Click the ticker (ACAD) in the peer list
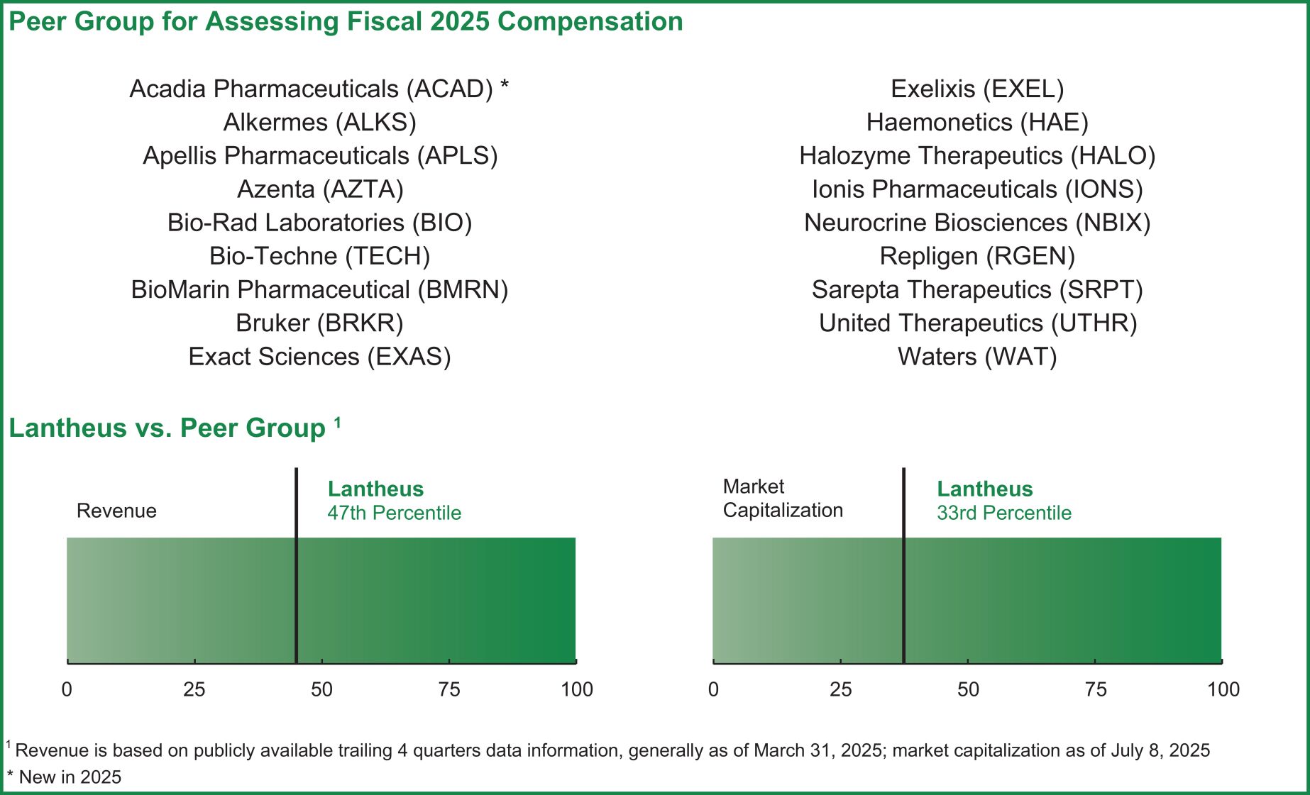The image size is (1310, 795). point(449,89)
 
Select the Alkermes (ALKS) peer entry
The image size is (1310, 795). point(319,123)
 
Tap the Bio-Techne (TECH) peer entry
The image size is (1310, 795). point(319,256)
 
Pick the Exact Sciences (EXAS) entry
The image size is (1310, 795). point(319,357)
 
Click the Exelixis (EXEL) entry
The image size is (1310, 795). point(977,89)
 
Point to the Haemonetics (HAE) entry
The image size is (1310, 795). point(977,123)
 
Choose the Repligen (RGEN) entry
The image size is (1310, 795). point(977,256)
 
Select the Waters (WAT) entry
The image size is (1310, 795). point(977,357)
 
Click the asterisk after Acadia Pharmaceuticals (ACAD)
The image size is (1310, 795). point(505,86)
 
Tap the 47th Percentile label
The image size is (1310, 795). point(394,513)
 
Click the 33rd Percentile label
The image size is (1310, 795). point(1003,513)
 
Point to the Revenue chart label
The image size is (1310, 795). point(116,511)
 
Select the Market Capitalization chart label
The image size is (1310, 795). point(782,498)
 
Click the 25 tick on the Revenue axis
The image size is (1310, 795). point(194,689)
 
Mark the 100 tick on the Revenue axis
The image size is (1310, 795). point(576,689)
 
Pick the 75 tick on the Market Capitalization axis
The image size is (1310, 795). point(1096,689)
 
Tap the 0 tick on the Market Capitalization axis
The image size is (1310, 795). point(713,689)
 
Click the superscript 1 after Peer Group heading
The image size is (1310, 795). point(338,423)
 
